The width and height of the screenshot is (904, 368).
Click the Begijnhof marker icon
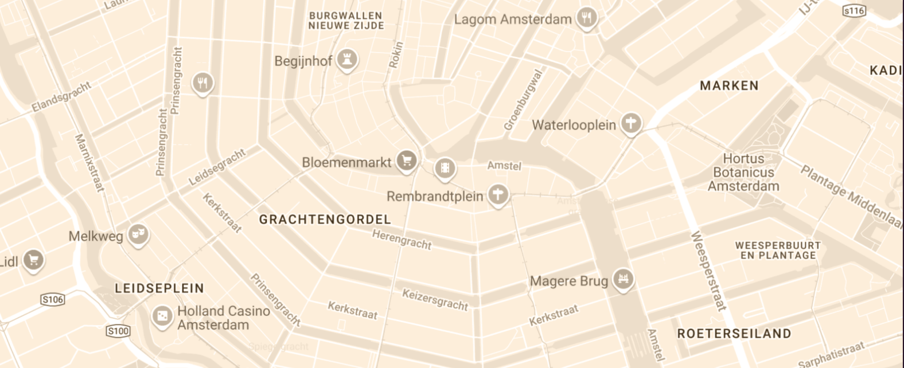pyautogui.click(x=346, y=59)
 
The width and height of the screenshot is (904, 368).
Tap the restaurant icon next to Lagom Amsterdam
pyautogui.click(x=586, y=18)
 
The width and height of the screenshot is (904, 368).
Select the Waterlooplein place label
pyautogui.click(x=574, y=125)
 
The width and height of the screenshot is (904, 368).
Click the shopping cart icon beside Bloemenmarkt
pyautogui.click(x=407, y=160)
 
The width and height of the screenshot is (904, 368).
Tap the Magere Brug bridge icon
pyautogui.click(x=622, y=279)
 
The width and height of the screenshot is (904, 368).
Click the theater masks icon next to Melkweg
pyautogui.click(x=138, y=234)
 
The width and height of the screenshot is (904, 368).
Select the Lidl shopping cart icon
pyautogui.click(x=33, y=260)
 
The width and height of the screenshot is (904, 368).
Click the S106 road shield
pyautogui.click(x=53, y=299)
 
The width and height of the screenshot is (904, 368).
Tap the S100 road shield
pyautogui.click(x=118, y=331)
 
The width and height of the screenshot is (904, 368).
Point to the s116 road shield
pyautogui.click(x=854, y=11)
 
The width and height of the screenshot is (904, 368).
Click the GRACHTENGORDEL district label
pyautogui.click(x=325, y=219)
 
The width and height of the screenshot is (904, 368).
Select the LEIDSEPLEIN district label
pyautogui.click(x=159, y=288)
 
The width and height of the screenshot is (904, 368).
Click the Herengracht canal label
pyautogui.click(x=402, y=239)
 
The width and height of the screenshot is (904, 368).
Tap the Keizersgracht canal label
pyautogui.click(x=435, y=300)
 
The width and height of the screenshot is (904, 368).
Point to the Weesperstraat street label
pyautogui.click(x=708, y=270)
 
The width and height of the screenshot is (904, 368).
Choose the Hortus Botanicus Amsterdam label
pyautogui.click(x=743, y=172)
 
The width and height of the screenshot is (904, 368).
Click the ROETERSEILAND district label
pyautogui.click(x=734, y=334)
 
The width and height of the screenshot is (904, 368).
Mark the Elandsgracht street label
pyautogui.click(x=61, y=97)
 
